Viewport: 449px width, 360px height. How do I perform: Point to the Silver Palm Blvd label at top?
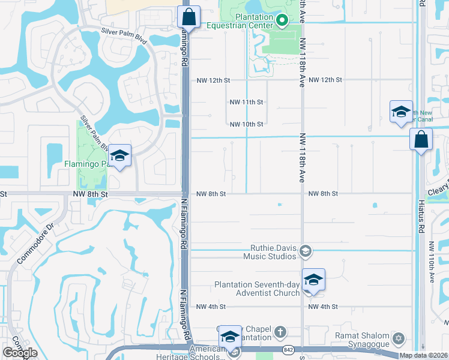[124, 31]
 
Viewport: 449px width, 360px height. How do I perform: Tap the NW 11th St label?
[247, 102]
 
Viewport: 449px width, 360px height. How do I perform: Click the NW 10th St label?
[247, 124]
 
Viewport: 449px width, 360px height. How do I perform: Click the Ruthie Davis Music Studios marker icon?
[306, 251]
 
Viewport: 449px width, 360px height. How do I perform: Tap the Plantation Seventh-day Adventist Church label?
[258, 289]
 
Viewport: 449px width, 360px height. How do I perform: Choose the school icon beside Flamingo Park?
[119, 157]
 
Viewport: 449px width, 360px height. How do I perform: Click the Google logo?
[20, 353]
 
